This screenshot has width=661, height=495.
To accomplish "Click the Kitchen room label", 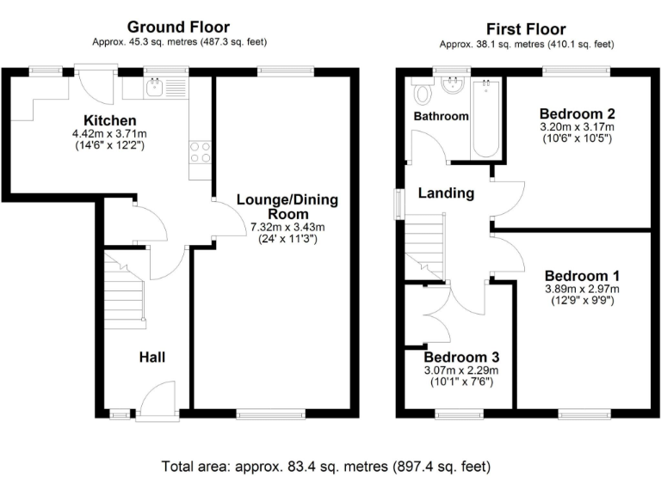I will coord(109,119).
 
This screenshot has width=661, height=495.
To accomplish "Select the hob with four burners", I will coord(200,152).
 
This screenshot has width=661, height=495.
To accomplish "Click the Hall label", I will coord(152,357).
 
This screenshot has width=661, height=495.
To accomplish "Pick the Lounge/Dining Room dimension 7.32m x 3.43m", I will coord(287,227).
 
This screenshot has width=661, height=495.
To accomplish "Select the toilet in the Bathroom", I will coord(422,90).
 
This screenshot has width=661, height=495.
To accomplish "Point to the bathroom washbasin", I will coord(451,86).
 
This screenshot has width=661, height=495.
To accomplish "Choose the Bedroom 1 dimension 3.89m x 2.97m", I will coord(582,289).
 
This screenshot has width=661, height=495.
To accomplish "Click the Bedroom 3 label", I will coord(461,357).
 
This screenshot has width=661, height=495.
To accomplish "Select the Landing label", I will coord(446,193).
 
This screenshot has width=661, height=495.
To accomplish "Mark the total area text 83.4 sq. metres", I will coord(326,467).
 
